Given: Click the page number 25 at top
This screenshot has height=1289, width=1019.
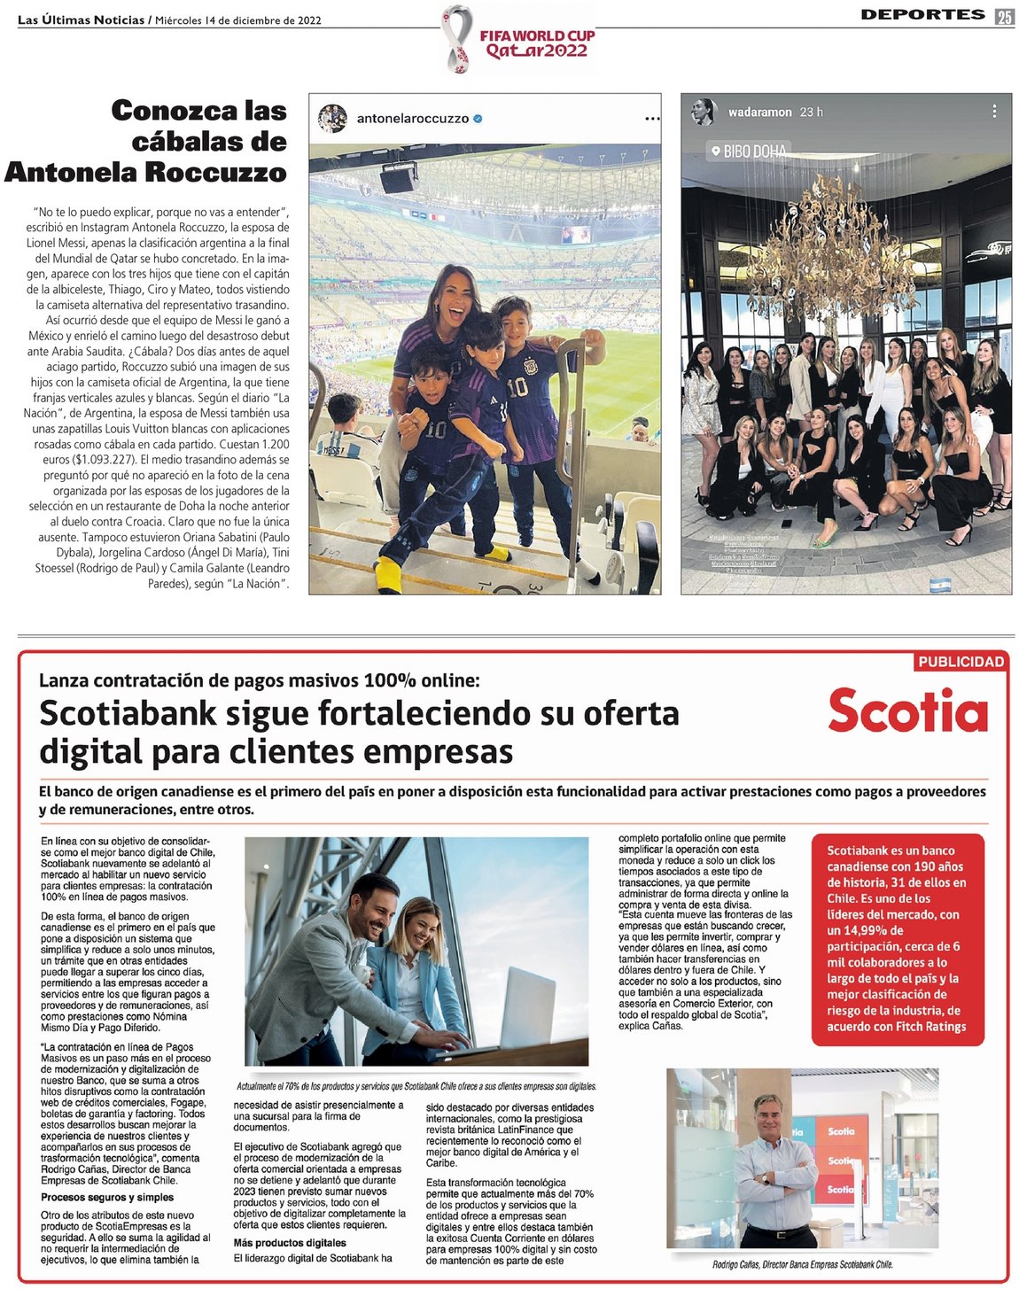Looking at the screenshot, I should point(1004,17).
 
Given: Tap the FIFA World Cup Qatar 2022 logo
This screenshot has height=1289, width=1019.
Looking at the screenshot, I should point(519,39).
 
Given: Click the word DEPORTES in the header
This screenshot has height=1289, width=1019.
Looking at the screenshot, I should point(922,14).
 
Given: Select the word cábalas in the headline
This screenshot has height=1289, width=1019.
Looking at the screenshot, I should point(209,142).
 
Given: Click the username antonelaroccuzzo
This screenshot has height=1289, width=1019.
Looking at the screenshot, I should point(412,118).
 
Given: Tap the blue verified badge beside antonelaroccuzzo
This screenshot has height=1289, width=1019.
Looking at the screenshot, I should point(478,118).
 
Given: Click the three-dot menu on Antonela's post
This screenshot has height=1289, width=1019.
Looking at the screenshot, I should point(652,118).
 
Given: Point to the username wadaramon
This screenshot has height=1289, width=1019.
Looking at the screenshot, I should point(759,113).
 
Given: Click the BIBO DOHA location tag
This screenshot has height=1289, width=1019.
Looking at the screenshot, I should point(749,151).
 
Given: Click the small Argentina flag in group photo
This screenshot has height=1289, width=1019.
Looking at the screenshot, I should point(940,585).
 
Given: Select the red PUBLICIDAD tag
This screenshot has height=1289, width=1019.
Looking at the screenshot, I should point(961,662).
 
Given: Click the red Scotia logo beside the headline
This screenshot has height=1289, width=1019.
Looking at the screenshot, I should point(907,711).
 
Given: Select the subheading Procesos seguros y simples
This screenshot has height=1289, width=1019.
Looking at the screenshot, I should point(107,1197).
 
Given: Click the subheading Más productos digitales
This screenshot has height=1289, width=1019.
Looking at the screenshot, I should point(290,1243).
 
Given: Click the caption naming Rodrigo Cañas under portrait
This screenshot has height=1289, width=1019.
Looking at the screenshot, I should point(802,1264).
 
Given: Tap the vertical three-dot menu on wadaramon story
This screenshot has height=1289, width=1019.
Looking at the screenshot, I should point(994,112).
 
